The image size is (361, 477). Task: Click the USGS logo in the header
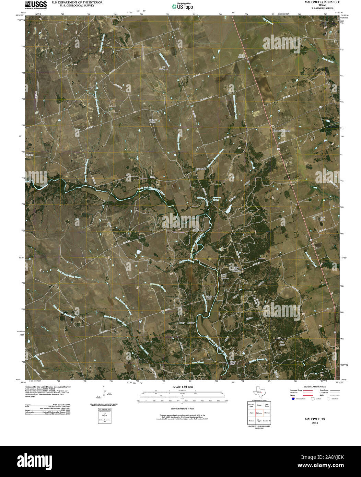(x=36, y=4)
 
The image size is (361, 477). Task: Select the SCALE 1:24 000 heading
(x=183, y=387)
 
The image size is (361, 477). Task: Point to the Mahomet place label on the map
(x=201, y=169)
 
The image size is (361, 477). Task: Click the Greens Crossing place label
(x=281, y=131)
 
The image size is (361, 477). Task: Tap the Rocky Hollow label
(x=187, y=323)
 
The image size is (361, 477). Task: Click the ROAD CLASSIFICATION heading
(x=312, y=387)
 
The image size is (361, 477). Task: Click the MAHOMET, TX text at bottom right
(x=315, y=419)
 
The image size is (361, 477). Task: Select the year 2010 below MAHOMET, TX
(x=315, y=423)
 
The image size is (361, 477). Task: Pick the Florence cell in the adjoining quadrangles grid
(x=267, y=413)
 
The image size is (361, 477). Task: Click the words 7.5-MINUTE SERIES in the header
(x=322, y=8)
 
